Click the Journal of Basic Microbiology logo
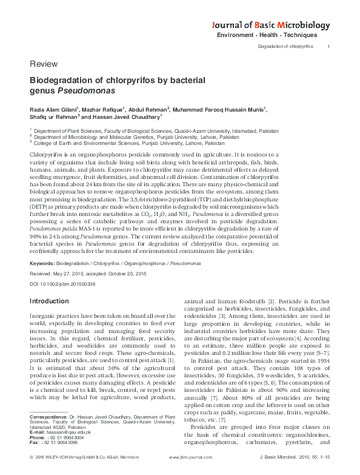[270, 25]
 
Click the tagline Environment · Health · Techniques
[273, 36]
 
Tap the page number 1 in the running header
[328, 47]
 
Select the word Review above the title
[41, 64]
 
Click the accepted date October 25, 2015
[130, 274]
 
